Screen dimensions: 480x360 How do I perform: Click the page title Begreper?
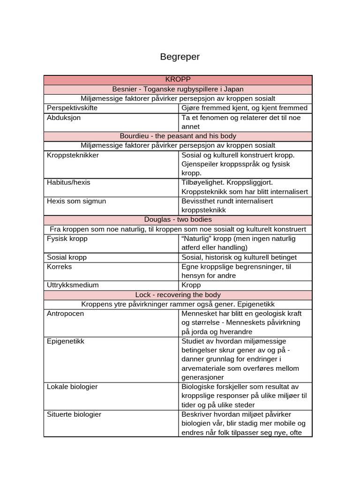180,57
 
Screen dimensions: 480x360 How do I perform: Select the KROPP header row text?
178,80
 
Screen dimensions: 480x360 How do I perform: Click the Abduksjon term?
64,118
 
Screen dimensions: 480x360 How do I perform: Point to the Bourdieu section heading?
178,136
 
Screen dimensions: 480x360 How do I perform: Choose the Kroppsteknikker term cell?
73,155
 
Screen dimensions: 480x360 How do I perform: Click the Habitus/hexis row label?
69,182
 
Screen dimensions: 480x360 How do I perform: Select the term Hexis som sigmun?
76,201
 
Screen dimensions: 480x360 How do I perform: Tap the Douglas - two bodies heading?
178,219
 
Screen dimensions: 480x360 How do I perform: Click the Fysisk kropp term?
67,239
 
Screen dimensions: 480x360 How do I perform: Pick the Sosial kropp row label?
67,257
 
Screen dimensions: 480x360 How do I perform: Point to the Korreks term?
60,267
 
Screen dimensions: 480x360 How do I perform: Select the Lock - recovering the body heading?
178,295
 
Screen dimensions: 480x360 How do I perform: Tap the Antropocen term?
65,314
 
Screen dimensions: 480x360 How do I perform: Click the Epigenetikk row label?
66,341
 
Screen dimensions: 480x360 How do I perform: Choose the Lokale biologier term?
72,387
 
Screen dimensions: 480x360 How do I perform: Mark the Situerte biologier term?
74,414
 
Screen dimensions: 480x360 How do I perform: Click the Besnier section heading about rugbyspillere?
178,89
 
